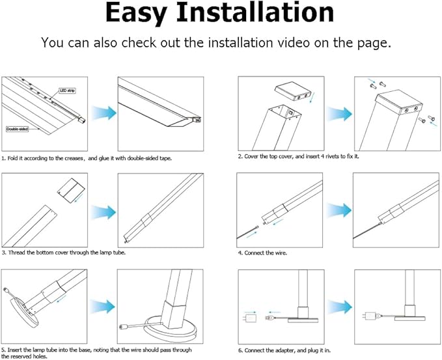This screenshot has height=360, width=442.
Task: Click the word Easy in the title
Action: pyautogui.click(x=136, y=13)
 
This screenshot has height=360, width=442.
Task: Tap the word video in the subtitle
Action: pyautogui.click(x=292, y=43)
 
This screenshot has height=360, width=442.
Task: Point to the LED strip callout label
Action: pyautogui.click(x=67, y=90)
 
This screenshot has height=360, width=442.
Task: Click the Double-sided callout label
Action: pyautogui.click(x=17, y=129)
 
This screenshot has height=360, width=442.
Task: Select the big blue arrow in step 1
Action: pyautogui.click(x=104, y=113)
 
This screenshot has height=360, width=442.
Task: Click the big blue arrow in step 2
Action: pyautogui.click(x=339, y=114)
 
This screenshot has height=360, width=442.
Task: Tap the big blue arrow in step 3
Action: pyautogui.click(x=103, y=212)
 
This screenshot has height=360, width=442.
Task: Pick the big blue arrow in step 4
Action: pyautogui.click(x=339, y=210)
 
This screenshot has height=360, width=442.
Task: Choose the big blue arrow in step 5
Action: pyautogui.click(x=103, y=307)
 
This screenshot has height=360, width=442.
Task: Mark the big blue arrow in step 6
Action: pyautogui.click(x=340, y=307)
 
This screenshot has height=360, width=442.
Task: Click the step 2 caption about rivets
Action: pyautogui.click(x=299, y=156)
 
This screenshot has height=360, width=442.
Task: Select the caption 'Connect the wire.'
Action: pyautogui.click(x=262, y=253)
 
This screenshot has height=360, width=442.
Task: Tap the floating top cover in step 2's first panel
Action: pyautogui.click(x=292, y=92)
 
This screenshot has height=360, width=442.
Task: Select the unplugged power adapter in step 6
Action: pyautogui.click(x=250, y=318)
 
